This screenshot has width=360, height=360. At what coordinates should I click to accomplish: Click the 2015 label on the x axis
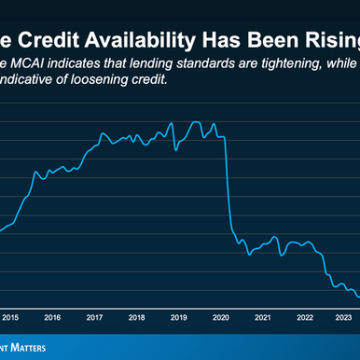point(10,317)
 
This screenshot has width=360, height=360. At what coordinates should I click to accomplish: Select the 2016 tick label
point(52,317)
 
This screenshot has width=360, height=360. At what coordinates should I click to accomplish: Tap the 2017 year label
point(94,317)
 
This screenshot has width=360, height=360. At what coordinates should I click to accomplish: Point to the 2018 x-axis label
point(136,317)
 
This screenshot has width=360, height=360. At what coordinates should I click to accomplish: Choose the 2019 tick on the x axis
point(178,317)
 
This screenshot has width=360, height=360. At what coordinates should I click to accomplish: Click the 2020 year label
point(221,317)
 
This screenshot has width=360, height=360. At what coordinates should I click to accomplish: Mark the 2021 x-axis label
point(263,317)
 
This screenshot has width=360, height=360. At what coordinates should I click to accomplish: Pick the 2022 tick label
point(305,317)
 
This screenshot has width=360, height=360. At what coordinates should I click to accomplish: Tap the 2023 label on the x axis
point(344,317)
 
